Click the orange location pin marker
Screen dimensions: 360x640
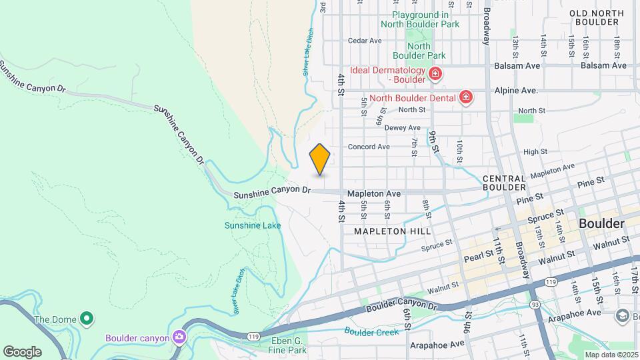point(320,159)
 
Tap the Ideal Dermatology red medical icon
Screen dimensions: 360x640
point(435,73)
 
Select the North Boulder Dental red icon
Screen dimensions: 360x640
point(466,98)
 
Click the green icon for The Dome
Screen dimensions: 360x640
point(86,319)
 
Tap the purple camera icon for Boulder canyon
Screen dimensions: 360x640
point(178,337)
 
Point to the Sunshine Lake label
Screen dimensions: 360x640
point(253,225)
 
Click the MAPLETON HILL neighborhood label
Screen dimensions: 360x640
point(392,231)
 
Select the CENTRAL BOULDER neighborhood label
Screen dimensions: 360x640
point(505,184)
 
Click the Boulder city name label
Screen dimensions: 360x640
point(601,223)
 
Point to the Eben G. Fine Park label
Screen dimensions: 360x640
point(287,345)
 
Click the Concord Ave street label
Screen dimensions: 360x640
point(369,147)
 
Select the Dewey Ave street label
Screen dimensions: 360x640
point(402,127)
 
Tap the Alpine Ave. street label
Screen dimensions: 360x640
point(515,90)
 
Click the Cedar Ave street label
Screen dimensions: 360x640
point(365,41)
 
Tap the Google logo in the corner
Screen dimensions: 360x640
point(22,351)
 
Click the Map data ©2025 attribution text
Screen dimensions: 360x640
point(611,355)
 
